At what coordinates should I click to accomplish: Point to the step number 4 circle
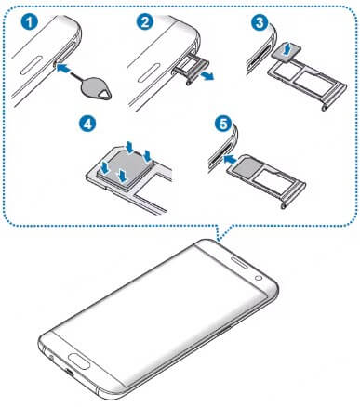tap(85, 123)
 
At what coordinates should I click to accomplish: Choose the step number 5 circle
tap(220, 123)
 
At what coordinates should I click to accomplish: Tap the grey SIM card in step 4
tap(119, 167)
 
